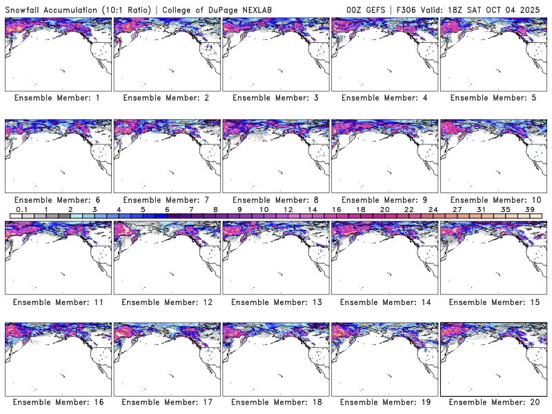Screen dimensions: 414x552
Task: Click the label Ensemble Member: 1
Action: pos(57,98)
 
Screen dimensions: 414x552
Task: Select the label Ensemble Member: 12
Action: pos(166,302)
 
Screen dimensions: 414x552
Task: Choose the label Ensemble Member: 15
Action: pos(493,302)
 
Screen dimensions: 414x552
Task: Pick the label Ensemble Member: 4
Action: pos(384,98)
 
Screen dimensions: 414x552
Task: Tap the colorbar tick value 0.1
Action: pos(22,209)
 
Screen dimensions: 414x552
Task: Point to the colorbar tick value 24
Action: pos(433,209)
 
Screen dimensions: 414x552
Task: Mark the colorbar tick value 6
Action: pos(167,209)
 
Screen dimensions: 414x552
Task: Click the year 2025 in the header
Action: pos(536,8)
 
